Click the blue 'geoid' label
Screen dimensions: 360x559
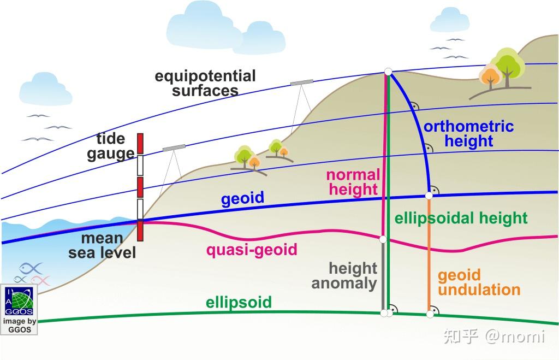(x=242, y=198)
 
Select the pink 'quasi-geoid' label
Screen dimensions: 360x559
(x=252, y=250)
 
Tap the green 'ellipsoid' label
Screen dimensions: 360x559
(x=239, y=302)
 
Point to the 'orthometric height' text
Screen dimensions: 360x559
(x=468, y=134)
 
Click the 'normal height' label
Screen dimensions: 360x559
(x=353, y=182)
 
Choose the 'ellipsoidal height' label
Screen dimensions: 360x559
(x=461, y=219)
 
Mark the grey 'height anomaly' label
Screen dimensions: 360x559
(x=345, y=275)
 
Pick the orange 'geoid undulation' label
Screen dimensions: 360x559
(x=479, y=282)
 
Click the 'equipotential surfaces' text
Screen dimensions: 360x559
(x=205, y=83)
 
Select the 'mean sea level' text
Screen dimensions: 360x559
(x=102, y=246)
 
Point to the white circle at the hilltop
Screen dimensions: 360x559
(x=388, y=72)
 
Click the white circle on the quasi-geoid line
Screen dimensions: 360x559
(x=383, y=239)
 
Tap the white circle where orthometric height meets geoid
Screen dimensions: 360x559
(x=429, y=195)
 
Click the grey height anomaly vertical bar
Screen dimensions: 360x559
(x=383, y=276)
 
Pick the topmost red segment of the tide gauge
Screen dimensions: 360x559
(x=140, y=143)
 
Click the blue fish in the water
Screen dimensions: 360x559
(x=31, y=268)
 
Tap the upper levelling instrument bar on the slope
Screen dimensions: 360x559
(x=301, y=82)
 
